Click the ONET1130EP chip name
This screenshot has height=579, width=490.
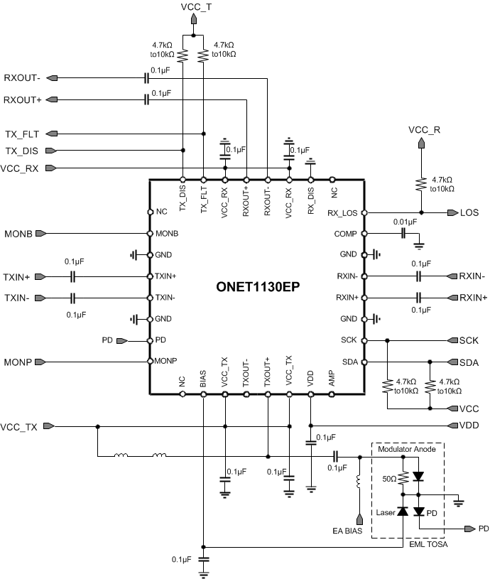coord(256,287)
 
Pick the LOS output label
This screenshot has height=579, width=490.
coord(469,212)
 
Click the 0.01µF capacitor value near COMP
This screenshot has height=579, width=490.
coord(404,222)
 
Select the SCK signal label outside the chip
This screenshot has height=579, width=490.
coord(469,341)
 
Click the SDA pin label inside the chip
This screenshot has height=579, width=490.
coord(350,362)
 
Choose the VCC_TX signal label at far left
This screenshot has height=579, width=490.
coord(19,427)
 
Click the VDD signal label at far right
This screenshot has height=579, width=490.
coord(469,426)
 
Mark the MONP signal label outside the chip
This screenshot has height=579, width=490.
coord(18,362)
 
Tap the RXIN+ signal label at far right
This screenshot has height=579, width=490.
coord(474,298)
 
